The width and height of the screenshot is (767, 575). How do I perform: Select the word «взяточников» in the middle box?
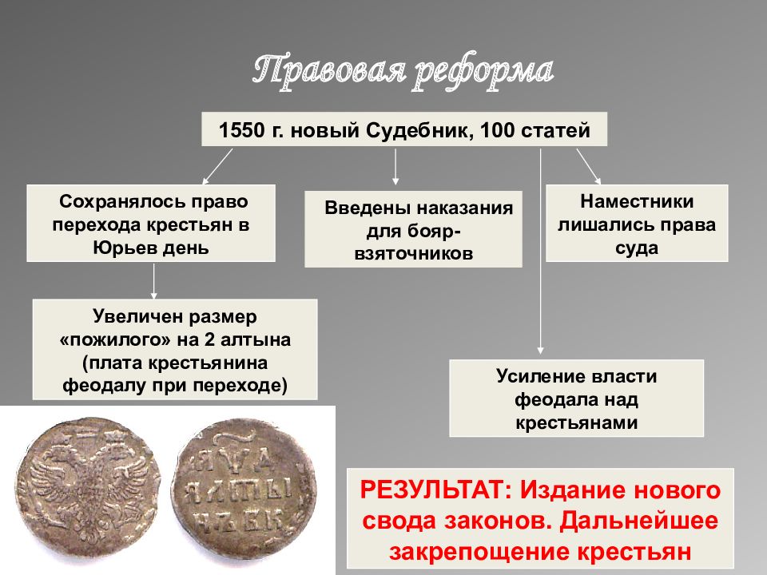413,254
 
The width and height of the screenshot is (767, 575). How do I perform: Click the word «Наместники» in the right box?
637,202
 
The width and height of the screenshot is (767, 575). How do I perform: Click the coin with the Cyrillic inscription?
244,490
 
